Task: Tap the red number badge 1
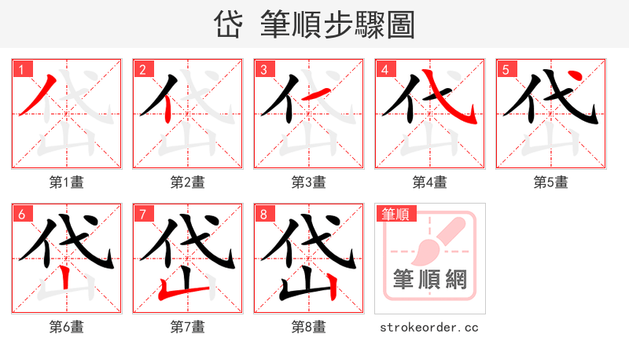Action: tap(21, 69)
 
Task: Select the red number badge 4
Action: tap(384, 69)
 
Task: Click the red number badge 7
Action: tap(142, 214)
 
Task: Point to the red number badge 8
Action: tap(263, 214)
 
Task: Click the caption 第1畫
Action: tap(67, 182)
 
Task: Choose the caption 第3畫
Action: tap(309, 182)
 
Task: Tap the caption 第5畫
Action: tap(551, 182)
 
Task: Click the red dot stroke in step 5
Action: tap(576, 76)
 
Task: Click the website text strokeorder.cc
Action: tap(429, 327)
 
